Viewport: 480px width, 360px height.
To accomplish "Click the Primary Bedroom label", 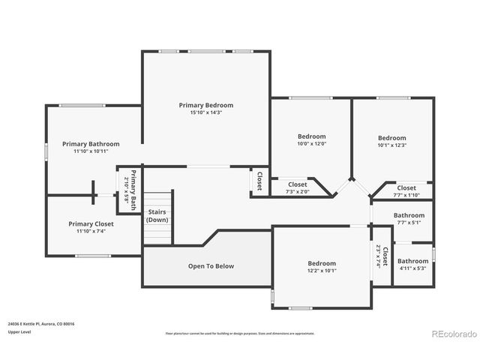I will [205, 105].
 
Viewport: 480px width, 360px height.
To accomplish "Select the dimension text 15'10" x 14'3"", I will [205, 112].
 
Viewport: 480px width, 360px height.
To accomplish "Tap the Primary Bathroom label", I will [91, 143].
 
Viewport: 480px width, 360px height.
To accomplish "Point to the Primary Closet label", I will [91, 223].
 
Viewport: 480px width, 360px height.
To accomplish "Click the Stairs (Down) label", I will [157, 216].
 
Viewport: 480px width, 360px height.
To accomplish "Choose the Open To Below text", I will [211, 266].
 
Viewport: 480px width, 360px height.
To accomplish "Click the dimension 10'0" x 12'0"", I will [311, 144].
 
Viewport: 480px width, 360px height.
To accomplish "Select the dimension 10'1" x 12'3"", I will [391, 145].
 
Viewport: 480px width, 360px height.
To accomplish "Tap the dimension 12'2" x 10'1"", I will [322, 271].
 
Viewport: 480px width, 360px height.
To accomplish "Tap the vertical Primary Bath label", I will [129, 189].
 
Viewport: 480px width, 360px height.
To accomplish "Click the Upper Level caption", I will [19, 331].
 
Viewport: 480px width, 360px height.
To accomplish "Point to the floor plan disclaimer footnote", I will [240, 333].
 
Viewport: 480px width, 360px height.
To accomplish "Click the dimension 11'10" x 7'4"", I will [91, 231].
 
